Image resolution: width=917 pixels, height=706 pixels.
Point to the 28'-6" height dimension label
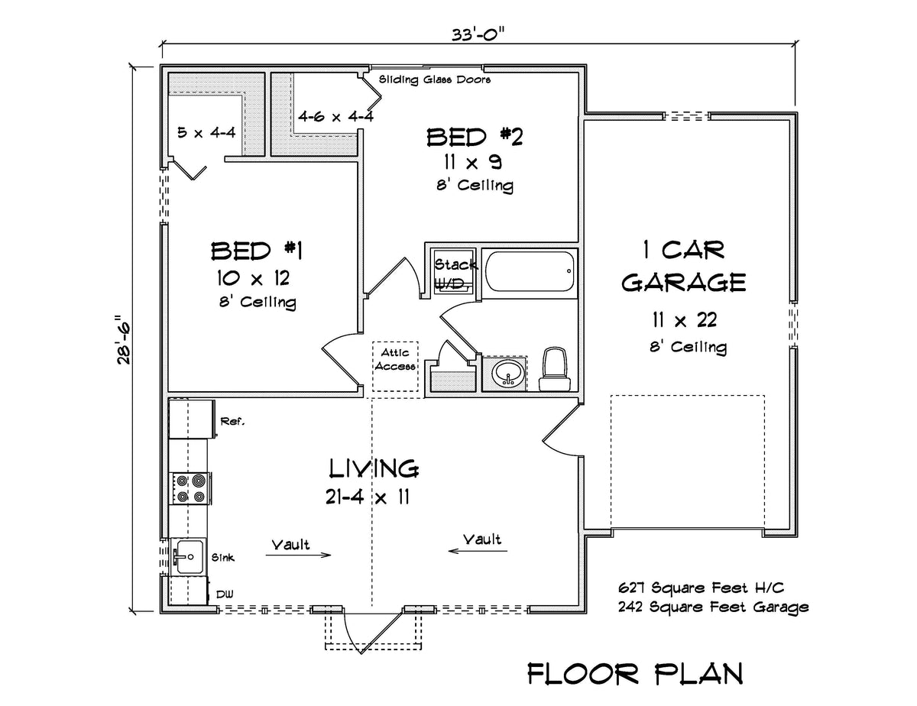pyautogui.click(x=123, y=339)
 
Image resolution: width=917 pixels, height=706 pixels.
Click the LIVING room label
pyautogui.click(x=374, y=468)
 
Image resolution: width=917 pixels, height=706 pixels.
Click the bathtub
pyautogui.click(x=529, y=273)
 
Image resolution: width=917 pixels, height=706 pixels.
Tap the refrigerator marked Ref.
pyautogui.click(x=192, y=419)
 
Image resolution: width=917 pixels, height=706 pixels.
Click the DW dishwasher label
pyautogui.click(x=224, y=594)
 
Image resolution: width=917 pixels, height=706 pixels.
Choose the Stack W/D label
pyautogui.click(x=455, y=274)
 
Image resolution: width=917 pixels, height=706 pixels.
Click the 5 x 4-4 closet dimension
pyautogui.click(x=206, y=131)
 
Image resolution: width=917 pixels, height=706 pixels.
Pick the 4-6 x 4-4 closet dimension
pyautogui.click(x=325, y=118)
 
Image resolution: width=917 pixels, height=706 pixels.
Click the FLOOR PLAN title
pyautogui.click(x=635, y=673)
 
